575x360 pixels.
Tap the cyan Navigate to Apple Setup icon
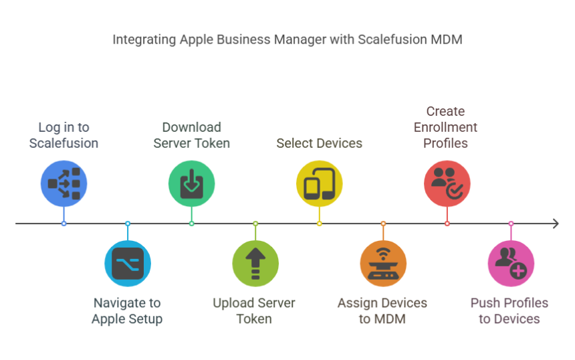point(128,264)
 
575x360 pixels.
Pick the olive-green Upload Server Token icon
point(255,264)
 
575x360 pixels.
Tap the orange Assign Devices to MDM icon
point(383,264)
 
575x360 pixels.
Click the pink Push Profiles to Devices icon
point(511,264)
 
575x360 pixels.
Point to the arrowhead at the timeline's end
point(556,223)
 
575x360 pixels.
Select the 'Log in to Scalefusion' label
point(64,135)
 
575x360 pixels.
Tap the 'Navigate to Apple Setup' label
point(127,310)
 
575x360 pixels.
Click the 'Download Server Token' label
point(191,135)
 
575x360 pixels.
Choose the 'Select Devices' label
point(319,143)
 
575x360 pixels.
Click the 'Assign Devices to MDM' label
point(382,310)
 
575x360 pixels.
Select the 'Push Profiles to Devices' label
point(509,310)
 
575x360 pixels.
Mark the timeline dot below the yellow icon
point(319,223)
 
